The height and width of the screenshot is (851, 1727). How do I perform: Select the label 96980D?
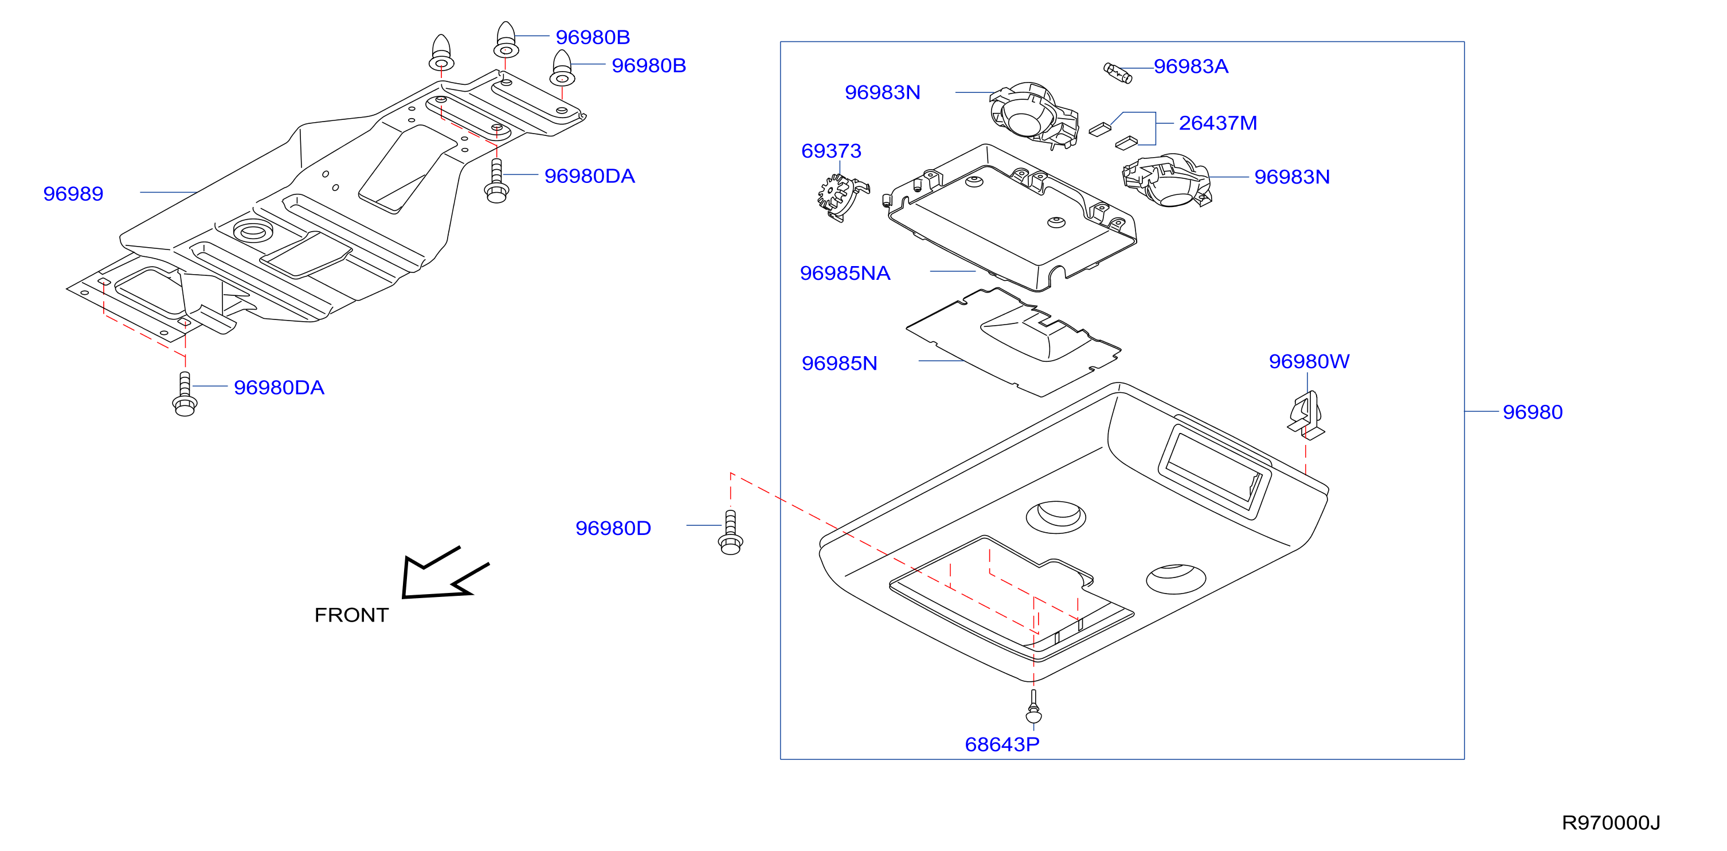613,529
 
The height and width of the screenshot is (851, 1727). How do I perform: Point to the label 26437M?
1217,123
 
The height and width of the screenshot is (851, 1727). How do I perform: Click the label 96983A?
1191,67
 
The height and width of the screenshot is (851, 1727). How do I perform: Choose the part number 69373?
831,151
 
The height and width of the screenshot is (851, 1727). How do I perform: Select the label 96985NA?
845,274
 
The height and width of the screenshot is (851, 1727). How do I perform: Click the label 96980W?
1309,361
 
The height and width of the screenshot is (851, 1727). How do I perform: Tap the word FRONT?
351,615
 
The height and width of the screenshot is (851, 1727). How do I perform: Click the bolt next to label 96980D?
730,533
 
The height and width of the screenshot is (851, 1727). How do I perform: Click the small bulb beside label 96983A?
1118,73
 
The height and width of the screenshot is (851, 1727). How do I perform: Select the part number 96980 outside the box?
1533,412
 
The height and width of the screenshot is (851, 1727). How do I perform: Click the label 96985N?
839,364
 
